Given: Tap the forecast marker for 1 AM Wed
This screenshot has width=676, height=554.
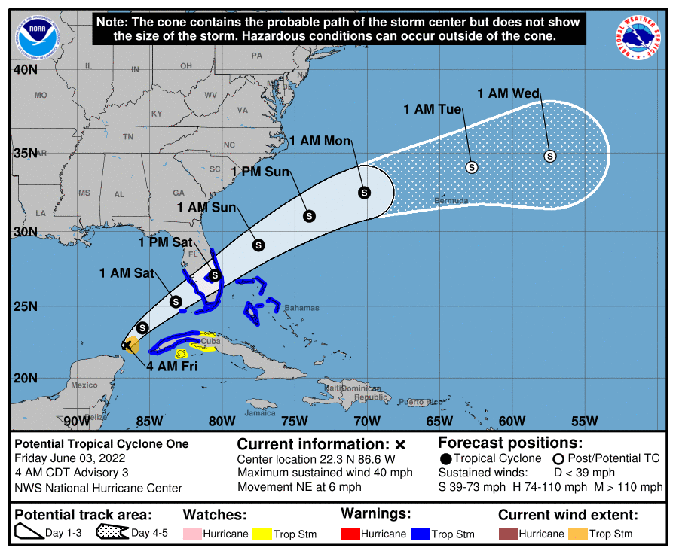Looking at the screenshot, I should (550, 156).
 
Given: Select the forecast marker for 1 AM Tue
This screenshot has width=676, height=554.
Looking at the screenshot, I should (472, 166).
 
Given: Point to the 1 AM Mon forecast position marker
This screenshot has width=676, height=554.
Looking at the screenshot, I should (364, 193).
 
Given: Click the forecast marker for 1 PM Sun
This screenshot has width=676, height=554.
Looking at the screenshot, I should (309, 216).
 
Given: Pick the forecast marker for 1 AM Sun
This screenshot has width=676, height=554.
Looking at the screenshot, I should (258, 245).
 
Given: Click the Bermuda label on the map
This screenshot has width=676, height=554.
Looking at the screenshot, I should (451, 201).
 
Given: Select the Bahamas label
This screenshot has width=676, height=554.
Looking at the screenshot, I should (301, 308).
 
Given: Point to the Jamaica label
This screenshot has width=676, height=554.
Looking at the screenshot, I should (260, 412).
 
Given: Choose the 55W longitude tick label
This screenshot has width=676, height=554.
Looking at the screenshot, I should (585, 420).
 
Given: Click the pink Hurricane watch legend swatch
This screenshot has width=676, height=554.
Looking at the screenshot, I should (193, 534).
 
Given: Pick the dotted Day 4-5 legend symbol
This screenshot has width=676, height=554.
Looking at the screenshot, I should (111, 534).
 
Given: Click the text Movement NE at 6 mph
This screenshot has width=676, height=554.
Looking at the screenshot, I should (299, 487).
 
